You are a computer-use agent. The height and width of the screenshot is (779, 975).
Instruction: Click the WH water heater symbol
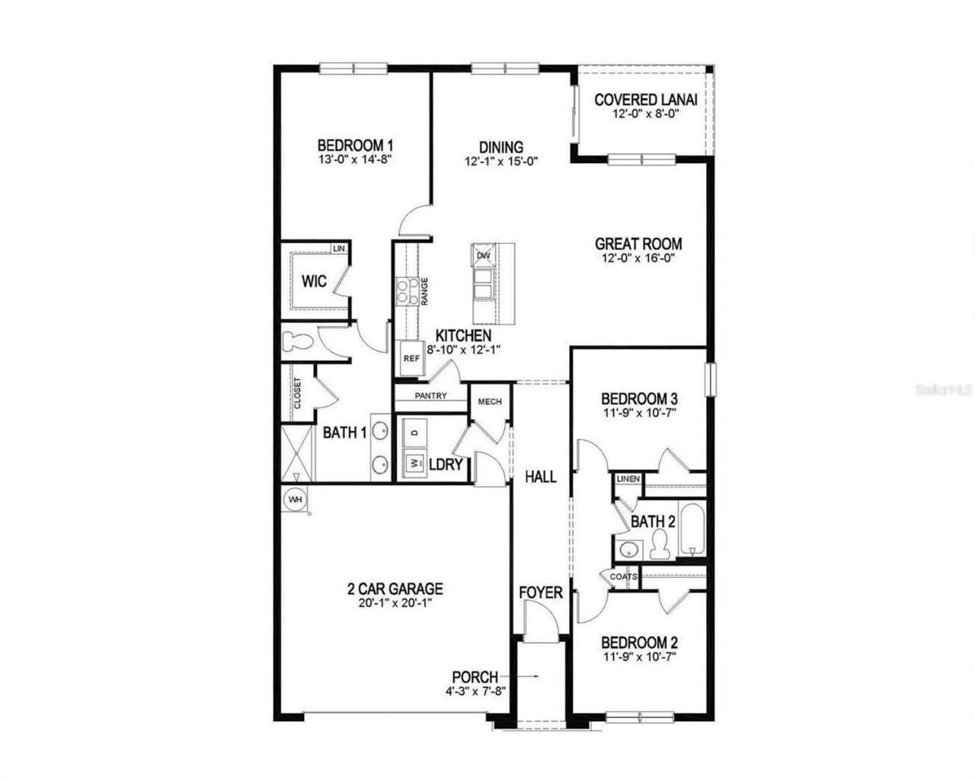coord(294,500)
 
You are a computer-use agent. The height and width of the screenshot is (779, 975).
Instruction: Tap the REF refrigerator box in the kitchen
coord(411,358)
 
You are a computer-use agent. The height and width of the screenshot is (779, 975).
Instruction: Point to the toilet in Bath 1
coord(292,342)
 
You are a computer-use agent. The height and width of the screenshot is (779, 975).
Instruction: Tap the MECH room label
coord(489,401)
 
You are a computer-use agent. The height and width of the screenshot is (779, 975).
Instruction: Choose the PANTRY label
coord(430,396)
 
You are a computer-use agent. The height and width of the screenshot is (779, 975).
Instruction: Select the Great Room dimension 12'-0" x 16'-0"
coord(638,258)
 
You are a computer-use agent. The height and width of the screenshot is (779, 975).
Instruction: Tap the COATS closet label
coord(622,577)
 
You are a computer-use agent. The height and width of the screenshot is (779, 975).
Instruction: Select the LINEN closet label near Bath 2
coord(628,479)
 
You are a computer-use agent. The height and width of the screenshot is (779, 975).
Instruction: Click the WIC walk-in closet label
coord(314,282)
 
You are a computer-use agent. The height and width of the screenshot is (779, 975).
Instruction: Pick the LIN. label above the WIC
coord(340,249)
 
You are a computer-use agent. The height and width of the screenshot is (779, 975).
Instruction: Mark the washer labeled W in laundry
coord(415,462)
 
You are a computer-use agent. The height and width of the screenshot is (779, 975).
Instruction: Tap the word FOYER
coord(541,592)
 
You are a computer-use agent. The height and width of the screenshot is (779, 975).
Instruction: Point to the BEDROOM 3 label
coord(639,399)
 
